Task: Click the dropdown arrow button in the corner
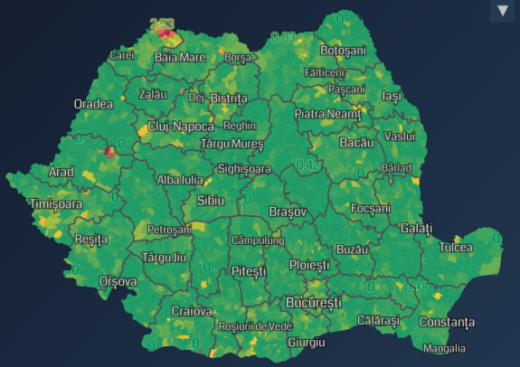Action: click(x=503, y=11)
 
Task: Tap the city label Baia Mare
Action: click(x=179, y=57)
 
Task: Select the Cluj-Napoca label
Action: click(x=181, y=127)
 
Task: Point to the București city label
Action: click(x=314, y=301)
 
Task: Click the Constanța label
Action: click(x=446, y=322)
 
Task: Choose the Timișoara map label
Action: click(x=55, y=204)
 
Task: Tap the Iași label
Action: click(x=391, y=96)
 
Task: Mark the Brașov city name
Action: click(x=288, y=211)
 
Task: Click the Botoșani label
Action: click(x=344, y=51)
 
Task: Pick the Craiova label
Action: click(x=192, y=311)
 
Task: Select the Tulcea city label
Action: click(x=456, y=247)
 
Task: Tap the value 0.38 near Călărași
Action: click(x=416, y=288)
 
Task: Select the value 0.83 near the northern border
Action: click(x=283, y=38)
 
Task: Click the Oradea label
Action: click(x=93, y=104)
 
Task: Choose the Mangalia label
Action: click(x=446, y=348)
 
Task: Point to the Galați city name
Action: click(x=416, y=229)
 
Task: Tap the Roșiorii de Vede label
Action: click(x=256, y=325)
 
